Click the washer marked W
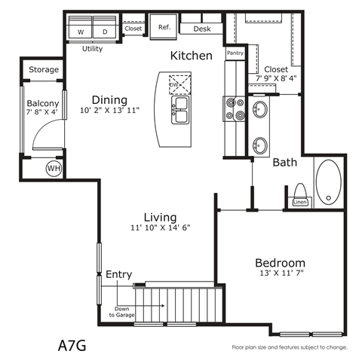[x=80, y=32]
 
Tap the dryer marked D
[x=104, y=32]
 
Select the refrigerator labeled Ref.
[x=163, y=27]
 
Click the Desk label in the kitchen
[x=202, y=29]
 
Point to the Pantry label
[x=235, y=53]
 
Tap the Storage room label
[x=44, y=70]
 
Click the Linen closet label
[x=299, y=203]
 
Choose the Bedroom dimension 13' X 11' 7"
[x=279, y=274]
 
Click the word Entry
[x=119, y=273]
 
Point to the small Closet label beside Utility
[x=133, y=29]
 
